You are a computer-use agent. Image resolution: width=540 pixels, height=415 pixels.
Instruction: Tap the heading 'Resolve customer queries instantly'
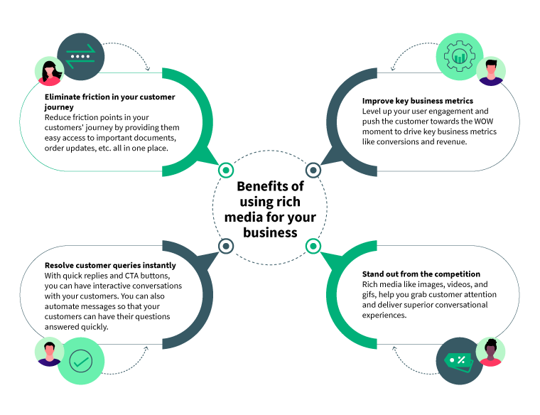(110, 265)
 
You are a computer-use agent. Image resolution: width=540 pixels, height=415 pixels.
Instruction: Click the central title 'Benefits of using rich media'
(270, 209)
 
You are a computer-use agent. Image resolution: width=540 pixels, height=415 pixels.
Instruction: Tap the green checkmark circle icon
(81, 361)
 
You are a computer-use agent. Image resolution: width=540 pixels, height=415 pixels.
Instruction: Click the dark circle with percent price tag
(459, 361)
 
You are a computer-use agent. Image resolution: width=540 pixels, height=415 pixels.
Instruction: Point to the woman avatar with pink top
(50, 72)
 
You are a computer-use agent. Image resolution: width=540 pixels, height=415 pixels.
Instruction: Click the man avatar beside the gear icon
(490, 72)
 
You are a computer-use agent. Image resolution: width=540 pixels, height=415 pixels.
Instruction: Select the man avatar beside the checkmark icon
(50, 352)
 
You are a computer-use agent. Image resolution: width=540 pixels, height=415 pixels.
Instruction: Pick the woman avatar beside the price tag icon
(490, 351)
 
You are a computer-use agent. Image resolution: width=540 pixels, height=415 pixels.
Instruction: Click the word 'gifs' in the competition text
(370, 294)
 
